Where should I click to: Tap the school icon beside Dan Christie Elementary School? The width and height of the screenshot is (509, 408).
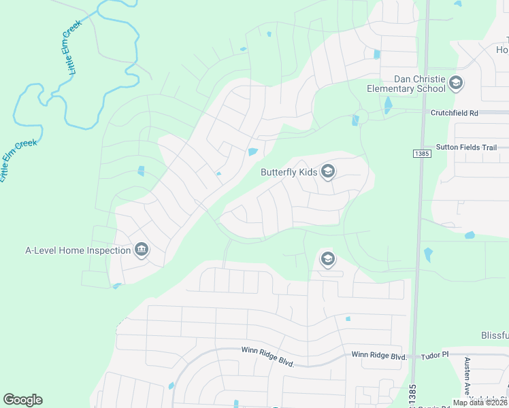click(x=456, y=84)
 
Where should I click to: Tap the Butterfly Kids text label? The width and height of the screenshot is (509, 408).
click(x=289, y=172)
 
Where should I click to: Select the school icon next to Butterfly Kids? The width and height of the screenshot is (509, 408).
click(x=328, y=171)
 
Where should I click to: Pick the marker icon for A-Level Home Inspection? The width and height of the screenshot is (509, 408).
click(x=142, y=250)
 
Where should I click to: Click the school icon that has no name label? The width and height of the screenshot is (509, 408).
click(x=327, y=259)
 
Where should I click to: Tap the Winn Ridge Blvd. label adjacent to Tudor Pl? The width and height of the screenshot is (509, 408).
click(x=379, y=356)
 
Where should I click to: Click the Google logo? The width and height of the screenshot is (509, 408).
click(x=22, y=400)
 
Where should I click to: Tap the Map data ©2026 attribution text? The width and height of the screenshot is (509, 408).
click(x=480, y=403)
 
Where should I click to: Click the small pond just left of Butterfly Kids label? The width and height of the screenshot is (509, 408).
click(x=253, y=151)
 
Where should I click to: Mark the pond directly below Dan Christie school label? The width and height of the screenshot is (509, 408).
click(x=388, y=105)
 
